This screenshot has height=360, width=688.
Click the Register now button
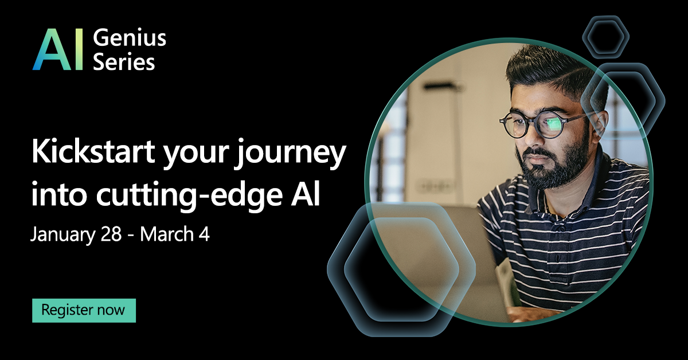(84, 310)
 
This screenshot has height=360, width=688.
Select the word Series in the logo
(124, 61)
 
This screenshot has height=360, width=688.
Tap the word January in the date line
(59, 234)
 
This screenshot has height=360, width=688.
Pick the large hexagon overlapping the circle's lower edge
(401, 269)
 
